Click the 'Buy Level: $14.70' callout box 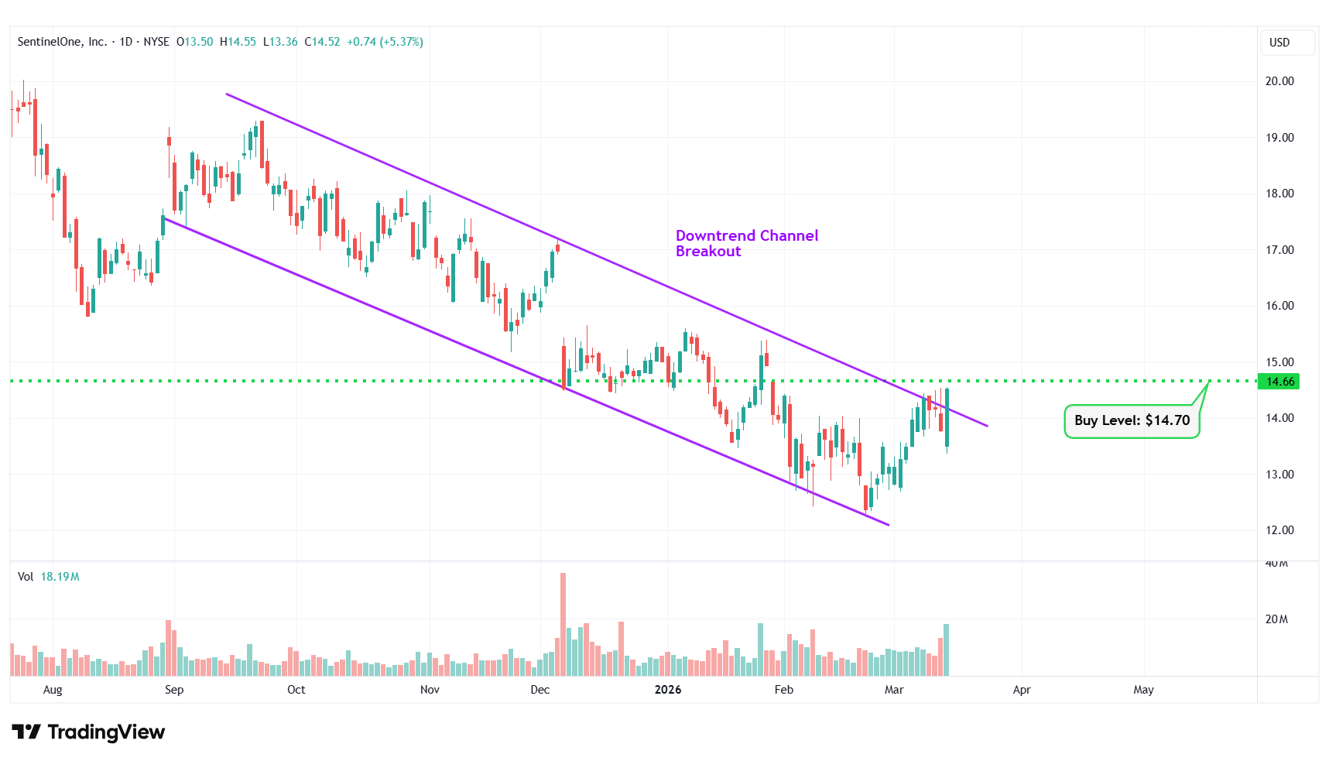pyautogui.click(x=1132, y=421)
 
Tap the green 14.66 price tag pyautogui.click(x=1279, y=382)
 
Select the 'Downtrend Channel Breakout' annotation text pyautogui.click(x=746, y=243)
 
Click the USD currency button pyautogui.click(x=1279, y=43)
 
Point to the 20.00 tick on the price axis pyautogui.click(x=1279, y=81)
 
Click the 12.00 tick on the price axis pyautogui.click(x=1279, y=530)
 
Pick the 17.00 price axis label pyautogui.click(x=1279, y=250)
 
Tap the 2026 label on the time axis pyautogui.click(x=668, y=690)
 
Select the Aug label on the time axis pyautogui.click(x=53, y=690)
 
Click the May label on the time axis pyautogui.click(x=1143, y=690)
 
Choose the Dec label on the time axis pyautogui.click(x=539, y=690)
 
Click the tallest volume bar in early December pyautogui.click(x=563, y=624)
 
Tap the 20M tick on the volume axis pyautogui.click(x=1276, y=619)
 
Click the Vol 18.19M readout pyautogui.click(x=49, y=577)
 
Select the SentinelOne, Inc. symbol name pyautogui.click(x=62, y=42)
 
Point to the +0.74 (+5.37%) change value pyautogui.click(x=385, y=42)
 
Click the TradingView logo pyautogui.click(x=88, y=732)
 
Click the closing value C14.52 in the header pyautogui.click(x=322, y=42)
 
